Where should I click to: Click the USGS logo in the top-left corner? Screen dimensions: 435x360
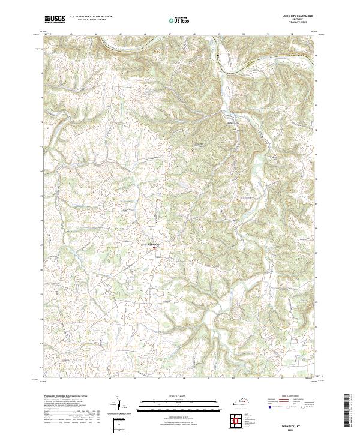[56, 19]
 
